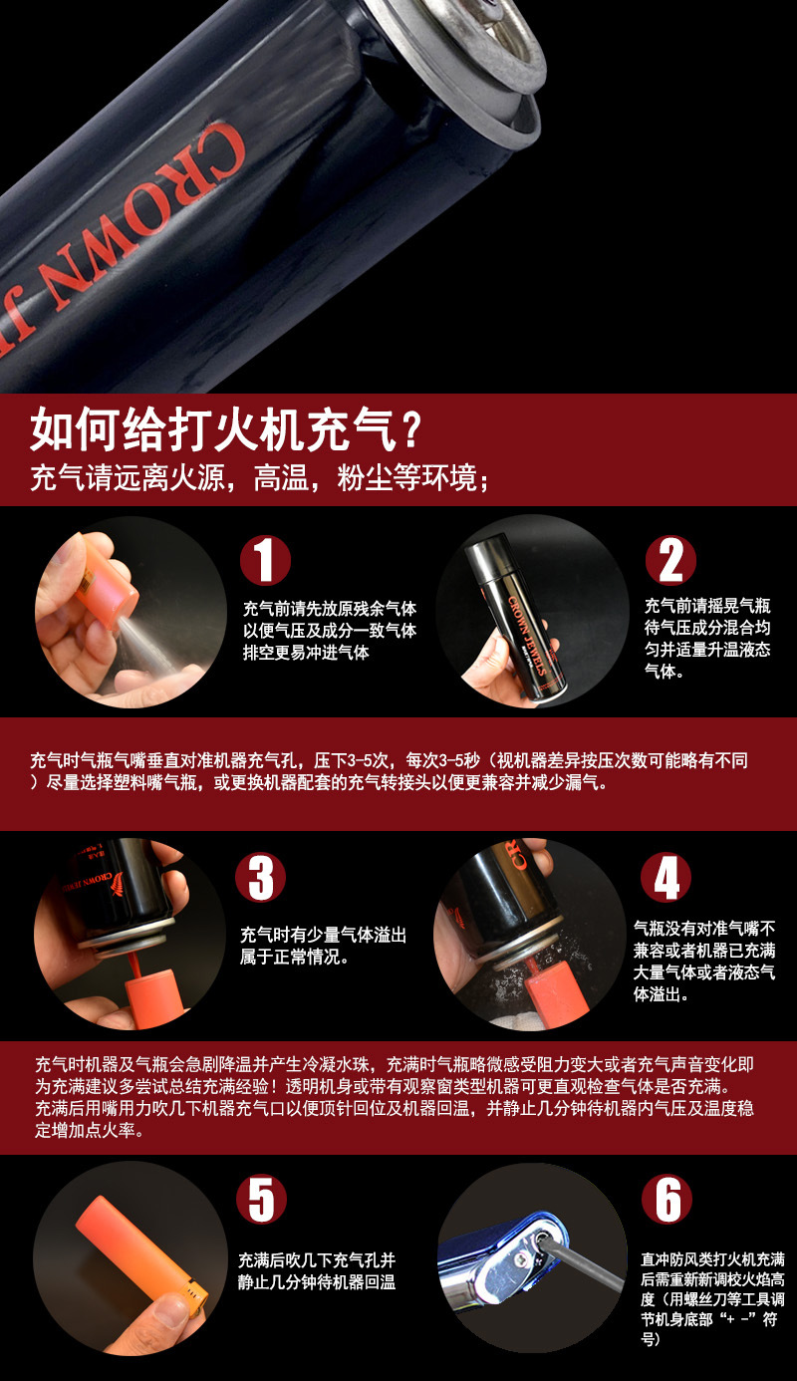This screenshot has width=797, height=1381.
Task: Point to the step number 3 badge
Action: (261, 878)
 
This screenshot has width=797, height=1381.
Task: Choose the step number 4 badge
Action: (666, 878)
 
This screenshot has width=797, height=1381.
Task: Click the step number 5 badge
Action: (261, 1199)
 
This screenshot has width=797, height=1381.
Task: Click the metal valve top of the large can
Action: (468, 50)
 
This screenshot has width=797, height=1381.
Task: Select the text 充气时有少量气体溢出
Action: (323, 936)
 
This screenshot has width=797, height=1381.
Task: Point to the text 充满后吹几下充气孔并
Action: (317, 1258)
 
